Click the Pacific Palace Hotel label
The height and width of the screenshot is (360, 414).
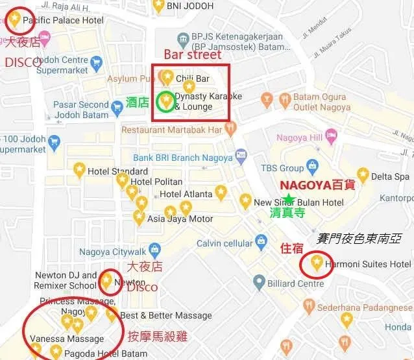point(63,21)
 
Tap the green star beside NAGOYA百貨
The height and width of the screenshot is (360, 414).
point(288,198)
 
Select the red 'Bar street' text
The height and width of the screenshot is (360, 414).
point(192,54)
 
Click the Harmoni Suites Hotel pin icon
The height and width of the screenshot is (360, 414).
point(317,262)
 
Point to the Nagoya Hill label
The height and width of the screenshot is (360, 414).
point(299,138)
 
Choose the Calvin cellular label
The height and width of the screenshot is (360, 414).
point(225,243)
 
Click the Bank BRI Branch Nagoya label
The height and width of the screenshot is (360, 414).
point(182,158)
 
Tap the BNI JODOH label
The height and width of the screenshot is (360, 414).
point(191,6)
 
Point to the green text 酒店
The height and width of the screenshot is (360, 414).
point(137,102)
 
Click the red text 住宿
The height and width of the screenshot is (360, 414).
point(291,248)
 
